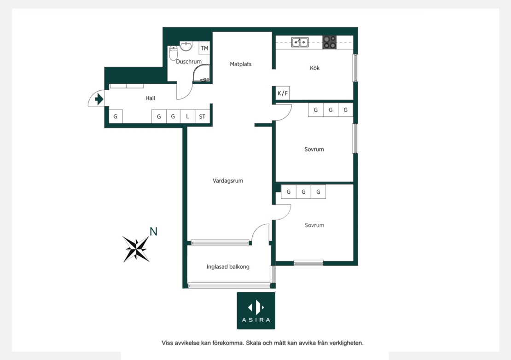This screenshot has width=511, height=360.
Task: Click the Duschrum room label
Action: [189, 62]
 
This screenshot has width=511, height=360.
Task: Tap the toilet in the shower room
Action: [174, 53]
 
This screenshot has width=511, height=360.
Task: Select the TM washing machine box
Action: [204, 48]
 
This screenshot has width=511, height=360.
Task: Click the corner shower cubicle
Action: [201, 73]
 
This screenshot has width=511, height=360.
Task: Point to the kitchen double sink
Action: [300, 42]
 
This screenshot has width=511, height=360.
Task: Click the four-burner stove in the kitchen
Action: [330, 42]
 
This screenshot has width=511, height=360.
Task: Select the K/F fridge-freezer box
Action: [283, 93]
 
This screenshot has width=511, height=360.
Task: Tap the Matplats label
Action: [240, 64]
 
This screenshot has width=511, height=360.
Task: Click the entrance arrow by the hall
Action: [99, 99]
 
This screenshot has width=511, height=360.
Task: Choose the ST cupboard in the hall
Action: [202, 116]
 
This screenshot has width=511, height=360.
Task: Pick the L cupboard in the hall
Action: [187, 116]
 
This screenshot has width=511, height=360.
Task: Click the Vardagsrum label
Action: [228, 181]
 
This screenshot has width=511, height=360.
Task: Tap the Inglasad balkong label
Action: [228, 267]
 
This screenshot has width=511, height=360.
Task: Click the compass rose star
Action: [136, 249]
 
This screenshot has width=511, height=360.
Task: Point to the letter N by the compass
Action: [153, 232]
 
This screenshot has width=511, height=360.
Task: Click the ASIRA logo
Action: [256, 310]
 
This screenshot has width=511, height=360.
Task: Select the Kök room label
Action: [314, 68]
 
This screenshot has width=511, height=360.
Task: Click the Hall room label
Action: [150, 98]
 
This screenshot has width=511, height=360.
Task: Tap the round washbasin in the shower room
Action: [186, 46]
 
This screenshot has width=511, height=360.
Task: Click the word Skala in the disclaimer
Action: [254, 343]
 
